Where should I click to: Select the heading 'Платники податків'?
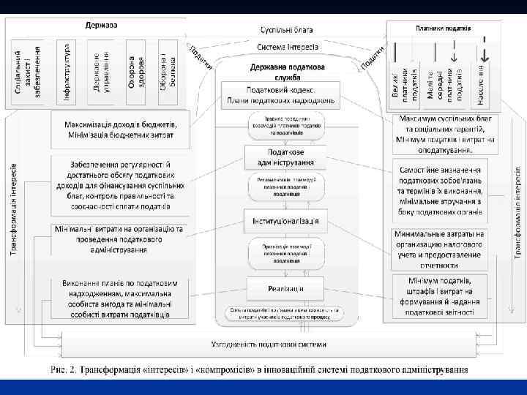click(443, 29)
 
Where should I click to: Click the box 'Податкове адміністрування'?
click(286, 157)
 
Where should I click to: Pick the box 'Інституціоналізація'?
click(286, 221)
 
